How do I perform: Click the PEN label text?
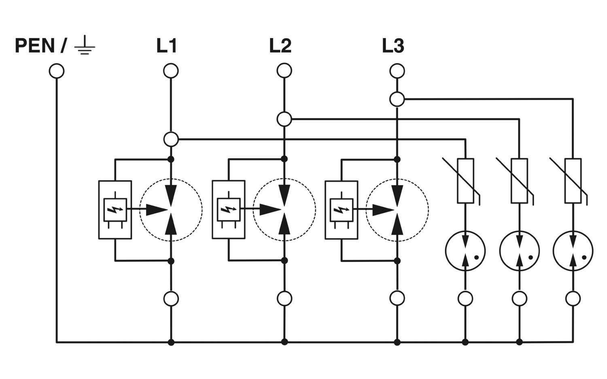point(35,46)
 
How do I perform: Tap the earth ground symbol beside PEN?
point(85,45)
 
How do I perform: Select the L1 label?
point(167,46)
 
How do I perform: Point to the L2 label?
point(280,46)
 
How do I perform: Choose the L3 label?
point(393,46)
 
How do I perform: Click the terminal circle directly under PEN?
point(57,71)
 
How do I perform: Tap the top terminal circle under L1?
point(171,71)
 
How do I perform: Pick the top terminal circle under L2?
point(284,71)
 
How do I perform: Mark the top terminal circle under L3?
point(397,71)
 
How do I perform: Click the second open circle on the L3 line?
point(397,99)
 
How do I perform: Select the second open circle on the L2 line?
point(284,119)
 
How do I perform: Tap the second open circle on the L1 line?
point(171,139)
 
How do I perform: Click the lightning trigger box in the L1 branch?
point(115,210)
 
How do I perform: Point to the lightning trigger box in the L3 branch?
point(342,210)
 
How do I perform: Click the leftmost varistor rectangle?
point(465,181)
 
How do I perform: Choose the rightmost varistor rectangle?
point(573,181)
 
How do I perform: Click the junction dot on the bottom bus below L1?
point(171,342)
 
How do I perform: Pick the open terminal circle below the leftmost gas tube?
point(465,299)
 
